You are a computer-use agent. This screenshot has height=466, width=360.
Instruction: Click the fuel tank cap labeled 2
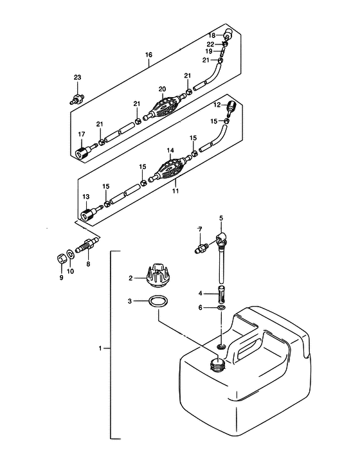pos(158,275)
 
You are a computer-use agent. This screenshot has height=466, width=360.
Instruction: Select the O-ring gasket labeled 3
pos(158,301)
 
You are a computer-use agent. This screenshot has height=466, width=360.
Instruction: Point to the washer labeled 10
pos(71,254)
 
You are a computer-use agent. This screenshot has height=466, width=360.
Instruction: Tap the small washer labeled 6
pos(221,307)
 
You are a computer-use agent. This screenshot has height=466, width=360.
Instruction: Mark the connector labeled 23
pos(76,99)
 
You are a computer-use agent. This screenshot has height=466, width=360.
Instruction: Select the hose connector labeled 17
pos(85,150)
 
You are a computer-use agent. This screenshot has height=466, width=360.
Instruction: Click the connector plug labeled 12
pos(231,109)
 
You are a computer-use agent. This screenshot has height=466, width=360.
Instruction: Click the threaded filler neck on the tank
pos(217,364)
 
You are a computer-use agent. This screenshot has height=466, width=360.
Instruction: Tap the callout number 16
pos(148,55)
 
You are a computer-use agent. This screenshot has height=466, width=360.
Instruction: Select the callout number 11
pos(175,191)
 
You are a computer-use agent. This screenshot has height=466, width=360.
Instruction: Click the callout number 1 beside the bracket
pos(100,348)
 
